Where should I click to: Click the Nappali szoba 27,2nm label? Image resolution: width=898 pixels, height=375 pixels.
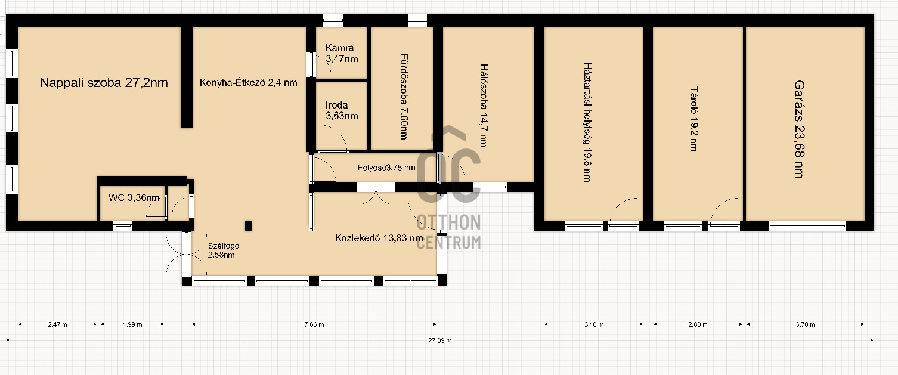point(104,82)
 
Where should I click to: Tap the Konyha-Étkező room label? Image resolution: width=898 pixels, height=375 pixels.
point(248,82)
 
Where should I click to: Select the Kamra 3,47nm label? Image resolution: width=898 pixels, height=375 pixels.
point(342,53)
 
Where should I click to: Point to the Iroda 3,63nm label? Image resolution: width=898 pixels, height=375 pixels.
point(342,110)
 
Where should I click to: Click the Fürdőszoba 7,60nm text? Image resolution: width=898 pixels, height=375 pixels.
point(404,97)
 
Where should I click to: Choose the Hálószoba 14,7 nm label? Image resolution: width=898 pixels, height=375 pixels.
point(484,106)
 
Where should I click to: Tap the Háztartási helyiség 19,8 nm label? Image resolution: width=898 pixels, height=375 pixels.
point(587,122)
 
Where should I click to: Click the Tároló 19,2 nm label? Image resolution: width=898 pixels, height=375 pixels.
point(694,119)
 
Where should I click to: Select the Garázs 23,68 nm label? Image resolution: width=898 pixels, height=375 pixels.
point(799,129)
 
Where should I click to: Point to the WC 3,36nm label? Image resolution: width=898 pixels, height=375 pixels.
point(134,197)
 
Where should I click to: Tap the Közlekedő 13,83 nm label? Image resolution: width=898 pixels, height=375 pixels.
point(379,238)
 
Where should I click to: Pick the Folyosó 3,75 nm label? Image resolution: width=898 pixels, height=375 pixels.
point(386,168)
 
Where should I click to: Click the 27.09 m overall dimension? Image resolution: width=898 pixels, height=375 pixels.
point(440,340)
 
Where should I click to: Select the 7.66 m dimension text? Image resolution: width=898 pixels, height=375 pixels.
point(314,324)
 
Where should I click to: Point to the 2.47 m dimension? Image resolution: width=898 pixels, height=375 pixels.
point(58,324)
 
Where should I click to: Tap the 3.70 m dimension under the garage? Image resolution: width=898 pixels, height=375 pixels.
point(805,324)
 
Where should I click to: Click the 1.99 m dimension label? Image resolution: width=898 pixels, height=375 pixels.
point(132,324)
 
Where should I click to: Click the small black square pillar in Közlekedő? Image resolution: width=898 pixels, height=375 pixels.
point(248,226)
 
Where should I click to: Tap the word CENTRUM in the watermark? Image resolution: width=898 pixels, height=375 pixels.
point(448,243)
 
